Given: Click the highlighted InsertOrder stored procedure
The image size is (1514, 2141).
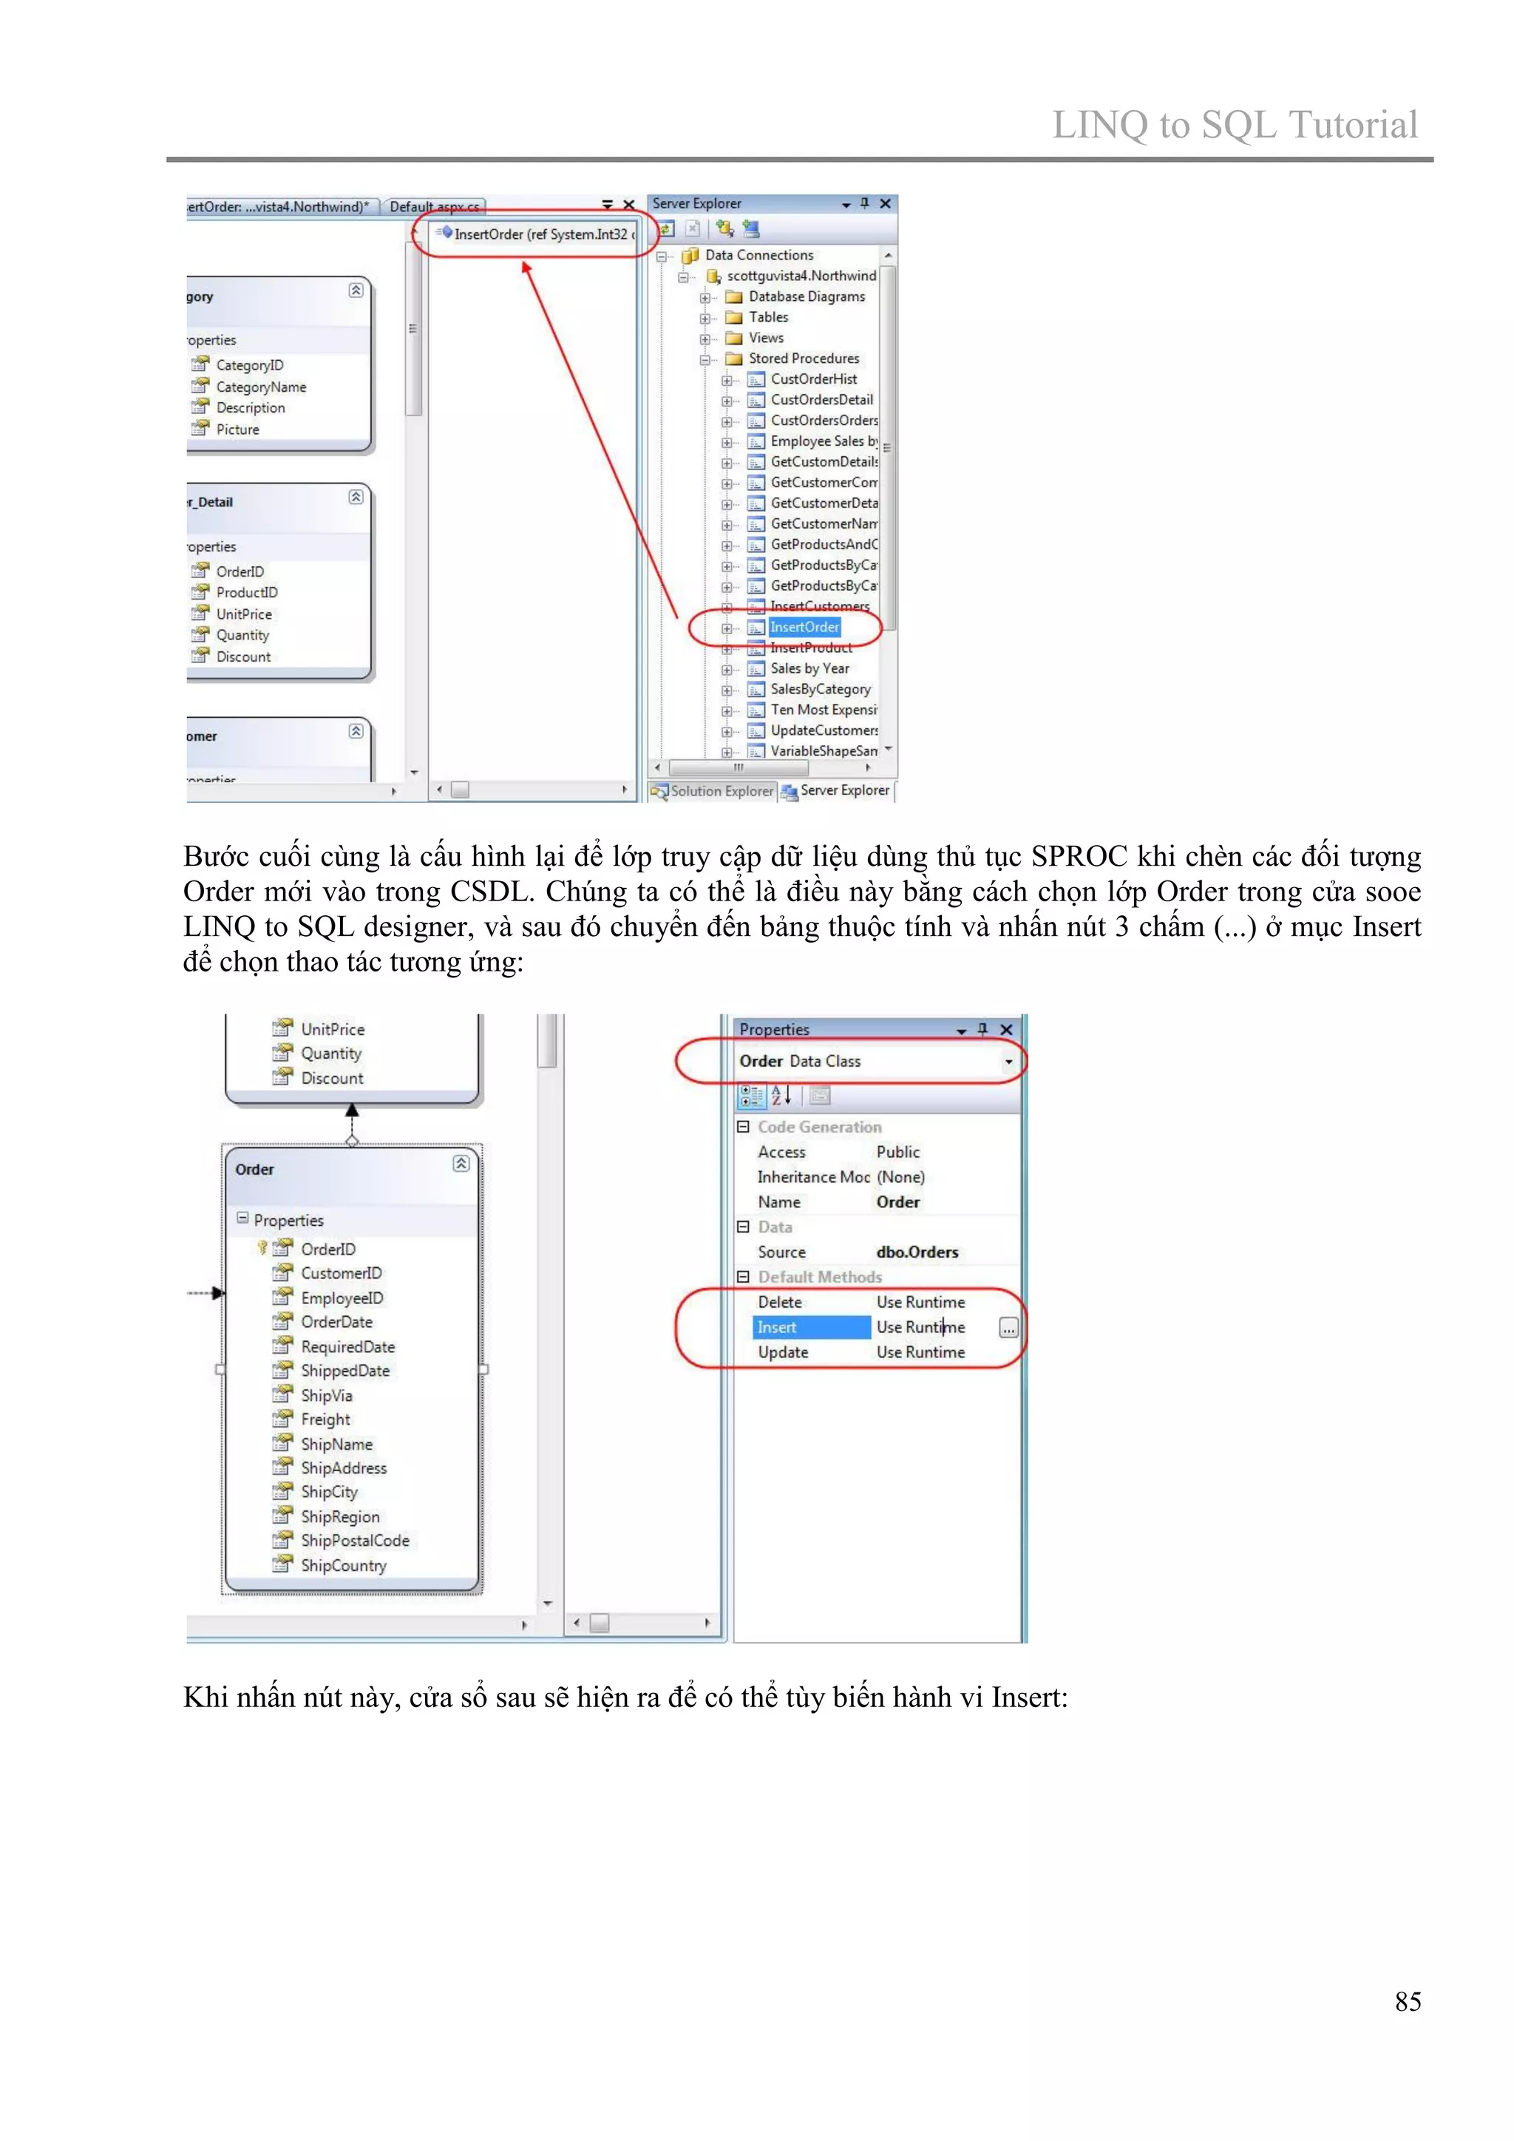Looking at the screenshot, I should pos(804,628).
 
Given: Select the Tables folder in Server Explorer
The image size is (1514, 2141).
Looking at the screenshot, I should pos(768,317).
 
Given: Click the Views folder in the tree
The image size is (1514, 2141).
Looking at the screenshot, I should pos(765,338).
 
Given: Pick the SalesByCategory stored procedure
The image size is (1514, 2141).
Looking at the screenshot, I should pos(819,689).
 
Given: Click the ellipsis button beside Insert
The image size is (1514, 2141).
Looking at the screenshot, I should pos(1008,1328).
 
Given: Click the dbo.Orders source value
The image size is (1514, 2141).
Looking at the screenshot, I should pos(917,1252).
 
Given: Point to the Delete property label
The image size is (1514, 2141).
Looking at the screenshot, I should pos(779,1302).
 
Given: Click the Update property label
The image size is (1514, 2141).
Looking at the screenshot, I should pos(782,1352).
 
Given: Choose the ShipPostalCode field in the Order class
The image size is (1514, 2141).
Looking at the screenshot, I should pos(354,1541).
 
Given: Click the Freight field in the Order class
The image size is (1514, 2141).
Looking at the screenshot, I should pos(325,1419).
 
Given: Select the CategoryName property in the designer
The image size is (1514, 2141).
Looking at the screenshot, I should pos(260,387).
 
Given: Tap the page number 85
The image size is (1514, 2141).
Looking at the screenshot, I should pos(1407,2001).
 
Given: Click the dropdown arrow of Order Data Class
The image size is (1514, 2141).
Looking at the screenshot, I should pos(1008,1062).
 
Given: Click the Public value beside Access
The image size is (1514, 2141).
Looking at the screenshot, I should pos(897,1153).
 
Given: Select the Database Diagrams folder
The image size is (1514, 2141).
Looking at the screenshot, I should pos(807,296).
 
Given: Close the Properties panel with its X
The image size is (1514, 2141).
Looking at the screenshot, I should pos(1006,1030).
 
